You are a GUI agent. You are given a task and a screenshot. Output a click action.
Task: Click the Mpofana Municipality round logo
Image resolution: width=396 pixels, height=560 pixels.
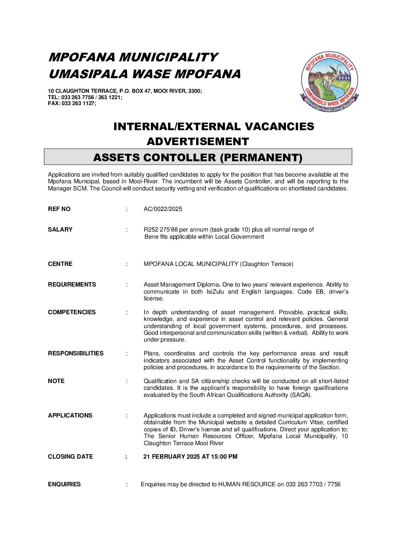[x=329, y=82]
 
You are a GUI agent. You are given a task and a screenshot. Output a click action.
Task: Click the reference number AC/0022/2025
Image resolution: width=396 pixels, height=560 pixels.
[x=163, y=209]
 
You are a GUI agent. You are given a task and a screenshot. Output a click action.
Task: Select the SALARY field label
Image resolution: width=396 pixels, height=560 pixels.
[x=60, y=230]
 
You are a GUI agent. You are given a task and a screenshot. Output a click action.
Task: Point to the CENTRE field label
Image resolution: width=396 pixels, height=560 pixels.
[x=60, y=264]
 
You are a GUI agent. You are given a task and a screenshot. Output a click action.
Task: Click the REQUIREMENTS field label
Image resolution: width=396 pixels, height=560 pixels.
[x=72, y=285]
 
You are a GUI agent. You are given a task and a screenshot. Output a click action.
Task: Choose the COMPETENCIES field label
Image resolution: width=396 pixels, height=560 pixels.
[x=72, y=312]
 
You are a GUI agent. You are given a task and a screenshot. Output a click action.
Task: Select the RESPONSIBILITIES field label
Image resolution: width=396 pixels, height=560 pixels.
[x=76, y=354]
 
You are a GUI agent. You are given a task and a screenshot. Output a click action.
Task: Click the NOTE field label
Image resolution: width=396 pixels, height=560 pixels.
[x=56, y=381]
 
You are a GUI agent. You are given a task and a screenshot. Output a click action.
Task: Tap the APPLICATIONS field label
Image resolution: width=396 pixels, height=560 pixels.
[x=70, y=416]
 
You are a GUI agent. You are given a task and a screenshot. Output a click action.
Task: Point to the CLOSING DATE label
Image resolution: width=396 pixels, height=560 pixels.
[x=70, y=457]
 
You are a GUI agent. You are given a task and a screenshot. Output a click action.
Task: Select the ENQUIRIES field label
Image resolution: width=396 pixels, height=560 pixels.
[x=64, y=484]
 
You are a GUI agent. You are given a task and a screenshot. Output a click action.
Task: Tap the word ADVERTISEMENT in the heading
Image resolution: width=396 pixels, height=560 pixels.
[x=198, y=141]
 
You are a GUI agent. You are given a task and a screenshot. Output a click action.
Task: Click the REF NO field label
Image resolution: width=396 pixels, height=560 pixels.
[x=59, y=209]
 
